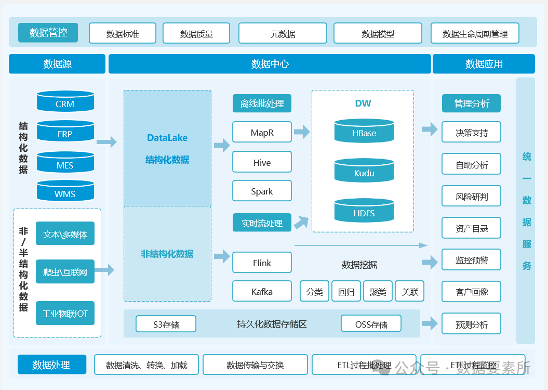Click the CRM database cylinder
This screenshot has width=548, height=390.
(65, 101)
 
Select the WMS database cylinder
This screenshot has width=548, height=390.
(65, 191)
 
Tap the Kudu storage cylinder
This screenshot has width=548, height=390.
(364, 171)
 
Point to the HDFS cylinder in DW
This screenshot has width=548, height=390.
(364, 211)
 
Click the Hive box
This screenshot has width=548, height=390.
(262, 162)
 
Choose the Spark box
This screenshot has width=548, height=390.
(262, 191)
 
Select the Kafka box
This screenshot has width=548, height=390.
(262, 291)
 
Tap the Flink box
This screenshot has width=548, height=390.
(262, 262)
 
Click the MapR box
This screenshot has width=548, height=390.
(262, 132)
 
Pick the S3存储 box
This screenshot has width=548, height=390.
(166, 324)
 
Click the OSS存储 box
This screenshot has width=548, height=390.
(371, 323)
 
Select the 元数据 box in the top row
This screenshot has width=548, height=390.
(283, 33)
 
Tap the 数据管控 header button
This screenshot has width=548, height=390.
(48, 33)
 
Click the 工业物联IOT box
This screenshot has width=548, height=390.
(65, 313)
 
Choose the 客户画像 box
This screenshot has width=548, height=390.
(472, 291)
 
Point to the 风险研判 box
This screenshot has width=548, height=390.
(472, 196)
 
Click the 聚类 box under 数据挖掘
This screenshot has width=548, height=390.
(378, 291)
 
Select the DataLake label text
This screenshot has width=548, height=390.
(167, 138)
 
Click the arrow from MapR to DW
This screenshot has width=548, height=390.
(302, 132)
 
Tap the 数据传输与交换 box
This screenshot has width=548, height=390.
(255, 365)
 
